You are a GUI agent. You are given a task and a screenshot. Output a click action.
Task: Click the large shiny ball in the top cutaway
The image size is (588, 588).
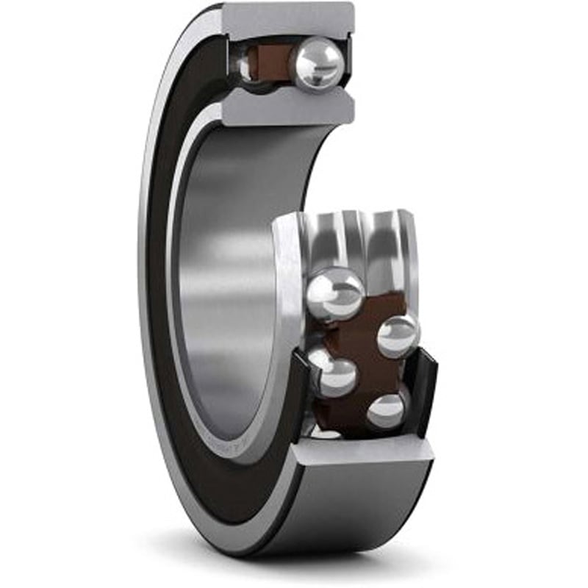pos(318,64)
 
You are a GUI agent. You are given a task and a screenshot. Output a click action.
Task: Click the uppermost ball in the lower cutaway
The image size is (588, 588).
pos(334,293)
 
